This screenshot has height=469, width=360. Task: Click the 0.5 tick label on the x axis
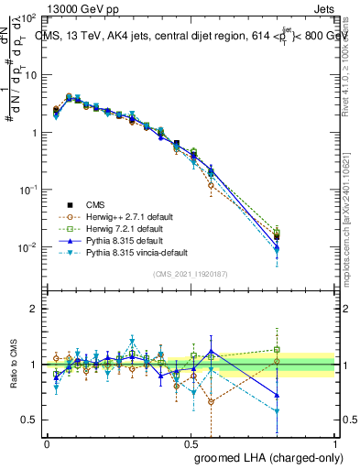pyautogui.click(x=191, y=443)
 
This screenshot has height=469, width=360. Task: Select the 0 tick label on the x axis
pyautogui.click(x=47, y=443)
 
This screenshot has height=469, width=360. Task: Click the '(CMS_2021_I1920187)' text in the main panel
pyautogui.click(x=191, y=274)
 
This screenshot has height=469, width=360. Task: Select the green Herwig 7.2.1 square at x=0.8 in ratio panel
pyautogui.click(x=278, y=349)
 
